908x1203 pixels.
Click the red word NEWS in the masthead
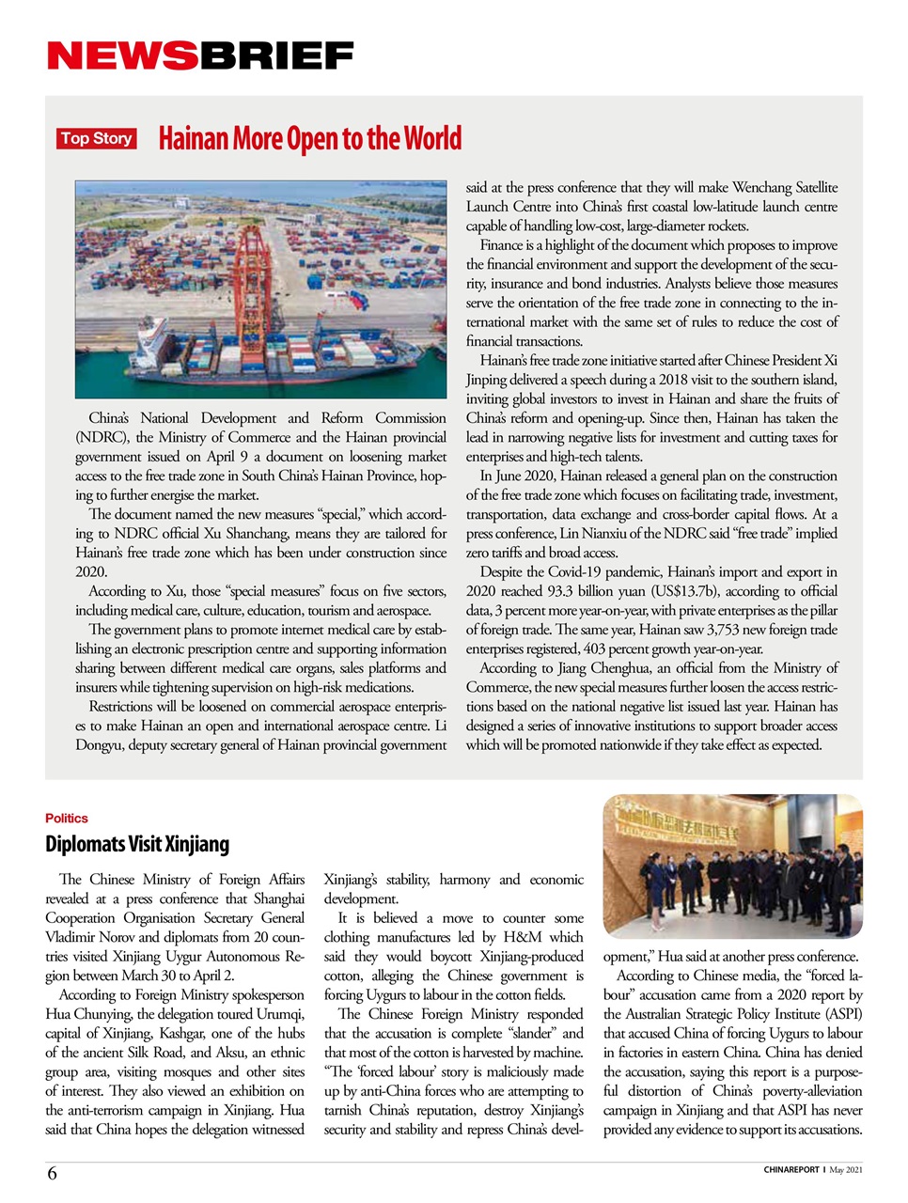coord(122,56)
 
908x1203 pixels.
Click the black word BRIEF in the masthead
coord(276,56)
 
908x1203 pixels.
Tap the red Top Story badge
coord(96,139)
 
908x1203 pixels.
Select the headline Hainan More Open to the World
coord(310,139)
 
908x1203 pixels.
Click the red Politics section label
coord(67,819)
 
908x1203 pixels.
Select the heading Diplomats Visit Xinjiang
coord(137,844)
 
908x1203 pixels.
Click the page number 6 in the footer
coord(52,1173)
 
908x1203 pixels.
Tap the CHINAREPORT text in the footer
coord(791,1170)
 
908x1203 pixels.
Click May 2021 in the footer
coord(846,1170)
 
